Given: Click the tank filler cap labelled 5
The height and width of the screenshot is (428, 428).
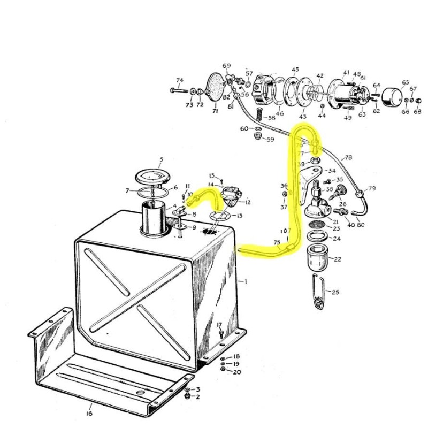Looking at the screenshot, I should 150,176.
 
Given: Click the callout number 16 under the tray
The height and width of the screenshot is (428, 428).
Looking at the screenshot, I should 89,413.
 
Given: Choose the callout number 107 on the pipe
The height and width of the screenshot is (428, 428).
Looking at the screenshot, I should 285,232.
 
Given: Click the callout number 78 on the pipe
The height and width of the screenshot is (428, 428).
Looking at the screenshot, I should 349,157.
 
